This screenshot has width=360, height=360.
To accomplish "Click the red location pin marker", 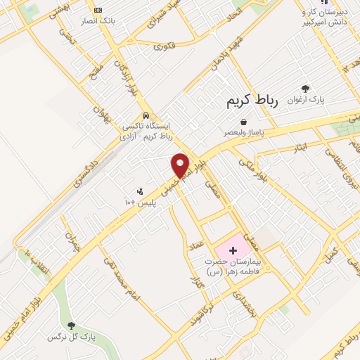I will (x=181, y=165).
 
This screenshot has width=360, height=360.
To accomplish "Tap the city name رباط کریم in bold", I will (x=252, y=101).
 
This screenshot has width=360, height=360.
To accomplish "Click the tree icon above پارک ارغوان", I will (x=305, y=89).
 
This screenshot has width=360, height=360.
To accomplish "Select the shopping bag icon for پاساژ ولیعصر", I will (x=243, y=122).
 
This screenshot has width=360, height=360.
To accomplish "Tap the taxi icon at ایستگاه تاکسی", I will (x=146, y=115).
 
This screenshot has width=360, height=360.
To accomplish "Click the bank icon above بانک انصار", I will (x=98, y=10).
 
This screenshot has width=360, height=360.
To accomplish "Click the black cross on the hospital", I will (x=233, y=250).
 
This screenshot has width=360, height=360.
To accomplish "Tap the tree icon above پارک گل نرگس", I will (x=70, y=326).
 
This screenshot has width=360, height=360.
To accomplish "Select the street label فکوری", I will (x=163, y=47).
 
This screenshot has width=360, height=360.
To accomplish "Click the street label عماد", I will (x=198, y=243).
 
